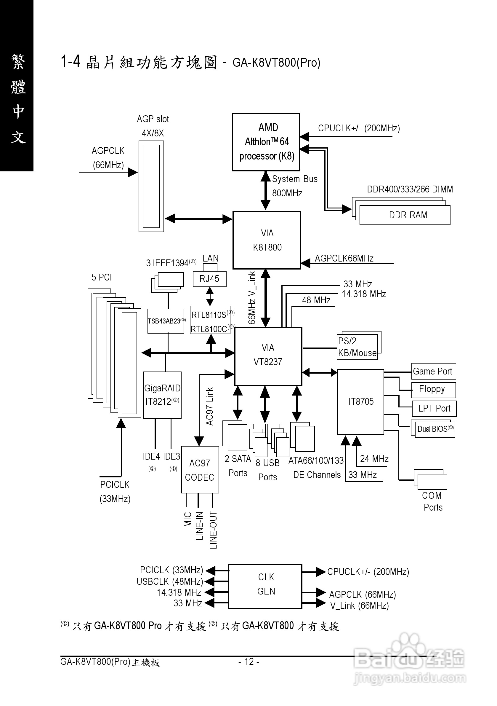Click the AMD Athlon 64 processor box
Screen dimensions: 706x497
[x=266, y=142]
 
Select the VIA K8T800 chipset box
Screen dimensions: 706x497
[x=267, y=240]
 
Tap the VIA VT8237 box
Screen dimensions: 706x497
[x=268, y=356]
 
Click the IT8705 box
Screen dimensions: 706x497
[x=361, y=401]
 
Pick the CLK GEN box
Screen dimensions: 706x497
[x=266, y=586]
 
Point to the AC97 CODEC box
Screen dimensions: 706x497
[x=200, y=470]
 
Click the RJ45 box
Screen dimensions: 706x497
[x=209, y=279]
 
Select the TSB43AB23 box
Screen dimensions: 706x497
[x=166, y=321]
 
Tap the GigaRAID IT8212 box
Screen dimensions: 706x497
[x=162, y=395]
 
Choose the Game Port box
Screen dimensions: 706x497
[x=433, y=372]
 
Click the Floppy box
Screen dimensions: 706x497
[x=433, y=390]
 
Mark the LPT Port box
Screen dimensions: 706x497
[x=434, y=408]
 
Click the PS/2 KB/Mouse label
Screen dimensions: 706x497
[x=357, y=347]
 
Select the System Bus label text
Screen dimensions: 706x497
[x=295, y=179]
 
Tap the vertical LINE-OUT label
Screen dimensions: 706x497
[x=213, y=530]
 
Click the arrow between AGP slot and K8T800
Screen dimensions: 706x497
[x=198, y=219]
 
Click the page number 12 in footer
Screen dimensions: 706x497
[x=249, y=662]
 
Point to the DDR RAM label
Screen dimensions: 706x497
[x=408, y=215]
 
